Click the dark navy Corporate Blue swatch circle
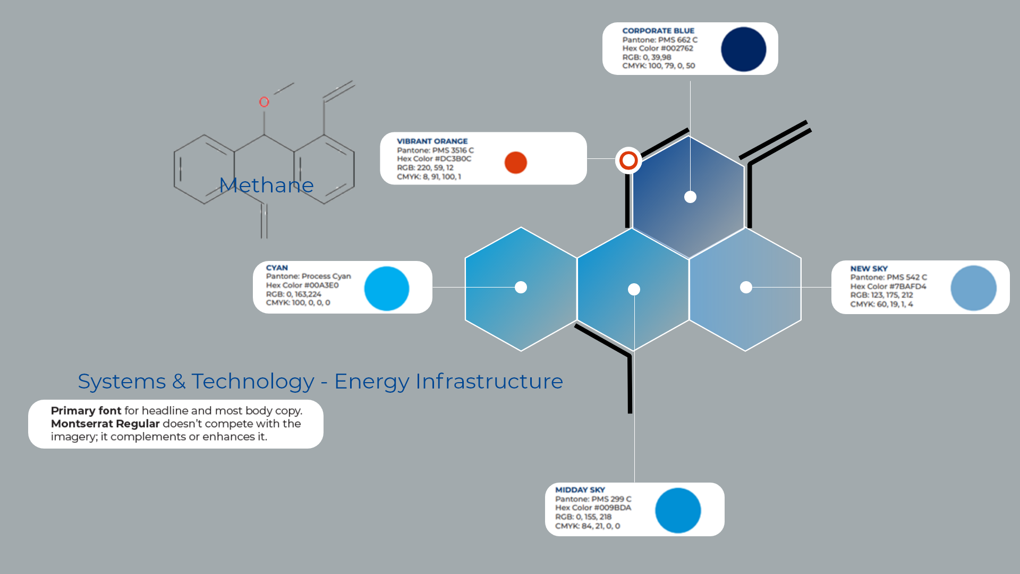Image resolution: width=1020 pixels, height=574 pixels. pyautogui.click(x=743, y=49)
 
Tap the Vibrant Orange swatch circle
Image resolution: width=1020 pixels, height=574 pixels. pyautogui.click(x=515, y=163)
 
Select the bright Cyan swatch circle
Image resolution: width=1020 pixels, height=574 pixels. pyautogui.click(x=387, y=289)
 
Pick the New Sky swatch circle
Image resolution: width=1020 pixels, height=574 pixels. pyautogui.click(x=973, y=288)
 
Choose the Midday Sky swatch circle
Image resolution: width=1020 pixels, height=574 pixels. pyautogui.click(x=678, y=511)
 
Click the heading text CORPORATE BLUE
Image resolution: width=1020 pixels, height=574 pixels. pyautogui.click(x=658, y=31)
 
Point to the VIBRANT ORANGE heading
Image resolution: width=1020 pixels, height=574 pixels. pyautogui.click(x=432, y=141)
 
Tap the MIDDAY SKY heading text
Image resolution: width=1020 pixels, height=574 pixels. pyautogui.click(x=580, y=490)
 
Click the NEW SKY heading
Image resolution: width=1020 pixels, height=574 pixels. pyautogui.click(x=869, y=269)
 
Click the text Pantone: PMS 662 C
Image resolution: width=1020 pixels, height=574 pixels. pyautogui.click(x=660, y=40)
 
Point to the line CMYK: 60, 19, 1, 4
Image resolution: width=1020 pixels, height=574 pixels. pyautogui.click(x=881, y=304)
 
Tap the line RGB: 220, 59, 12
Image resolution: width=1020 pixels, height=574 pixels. pyautogui.click(x=425, y=167)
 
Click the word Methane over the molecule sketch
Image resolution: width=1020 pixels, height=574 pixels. pyautogui.click(x=266, y=185)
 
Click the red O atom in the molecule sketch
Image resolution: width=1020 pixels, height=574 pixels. pyautogui.click(x=264, y=102)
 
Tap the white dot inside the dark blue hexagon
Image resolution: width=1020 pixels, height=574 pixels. pyautogui.click(x=690, y=197)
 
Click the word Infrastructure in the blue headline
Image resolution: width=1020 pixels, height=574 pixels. pyautogui.click(x=489, y=381)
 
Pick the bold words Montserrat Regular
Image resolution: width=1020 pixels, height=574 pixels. pyautogui.click(x=105, y=424)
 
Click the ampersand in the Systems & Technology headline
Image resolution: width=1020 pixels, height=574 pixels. pyautogui.click(x=178, y=382)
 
